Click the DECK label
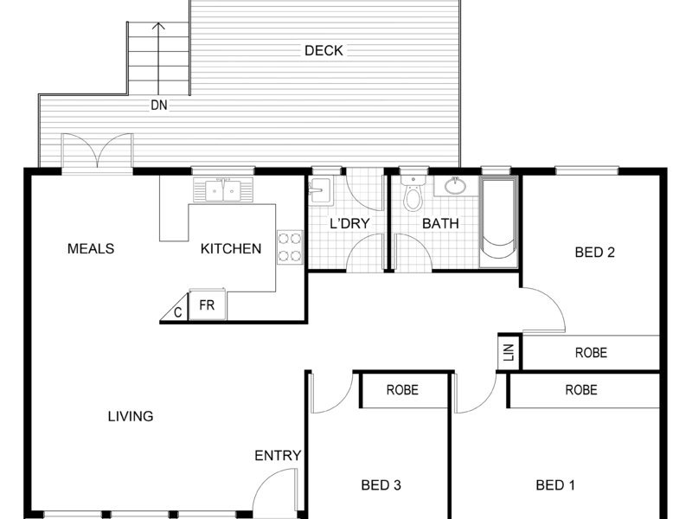[324, 50]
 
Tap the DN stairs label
[159, 105]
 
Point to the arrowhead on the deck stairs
[158, 26]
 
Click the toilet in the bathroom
[413, 194]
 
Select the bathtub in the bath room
[498, 221]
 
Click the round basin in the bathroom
[455, 185]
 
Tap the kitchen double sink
[223, 189]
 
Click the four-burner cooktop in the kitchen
[290, 247]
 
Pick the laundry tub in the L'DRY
[320, 191]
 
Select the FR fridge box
[208, 304]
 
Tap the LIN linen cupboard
[509, 352]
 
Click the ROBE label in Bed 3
[402, 390]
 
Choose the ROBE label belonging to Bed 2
[591, 353]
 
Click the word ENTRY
[278, 456]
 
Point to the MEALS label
[91, 248]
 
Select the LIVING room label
[131, 416]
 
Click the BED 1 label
[555, 485]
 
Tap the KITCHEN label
[231, 248]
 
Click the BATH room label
[440, 223]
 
